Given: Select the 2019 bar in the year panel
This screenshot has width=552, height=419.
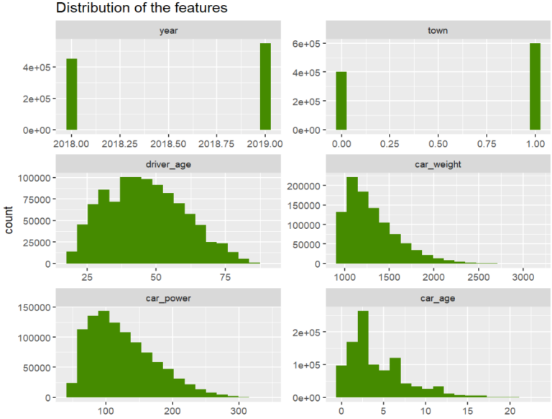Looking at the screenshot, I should pos(266,86).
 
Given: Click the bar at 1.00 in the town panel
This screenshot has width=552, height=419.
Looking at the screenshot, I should pos(535,86).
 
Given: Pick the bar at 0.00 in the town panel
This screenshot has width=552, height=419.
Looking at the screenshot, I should pos(341,101).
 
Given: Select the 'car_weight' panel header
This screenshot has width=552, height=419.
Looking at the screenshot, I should pos(438,164).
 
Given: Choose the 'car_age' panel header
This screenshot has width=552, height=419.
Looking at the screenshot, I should pos(438,298).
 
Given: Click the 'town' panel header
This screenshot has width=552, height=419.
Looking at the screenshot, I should pos(438,30).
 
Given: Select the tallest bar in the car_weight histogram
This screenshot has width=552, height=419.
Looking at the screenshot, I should pos(352,220).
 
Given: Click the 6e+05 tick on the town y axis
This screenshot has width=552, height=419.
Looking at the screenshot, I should pos(308,44).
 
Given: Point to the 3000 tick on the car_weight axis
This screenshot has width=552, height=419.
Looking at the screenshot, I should pos(523,277).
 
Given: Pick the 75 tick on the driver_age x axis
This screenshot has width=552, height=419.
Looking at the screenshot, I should pos(225,277).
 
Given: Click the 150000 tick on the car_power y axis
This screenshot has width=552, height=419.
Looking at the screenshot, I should pos(33,307).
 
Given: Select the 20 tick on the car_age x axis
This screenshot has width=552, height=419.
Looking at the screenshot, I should pos(510,411).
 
